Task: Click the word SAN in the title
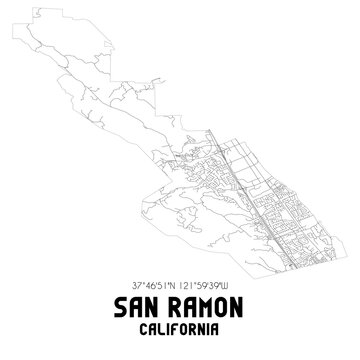tap(132, 306)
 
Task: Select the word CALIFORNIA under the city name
tap(180, 328)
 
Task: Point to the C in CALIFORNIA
tap(144, 328)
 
